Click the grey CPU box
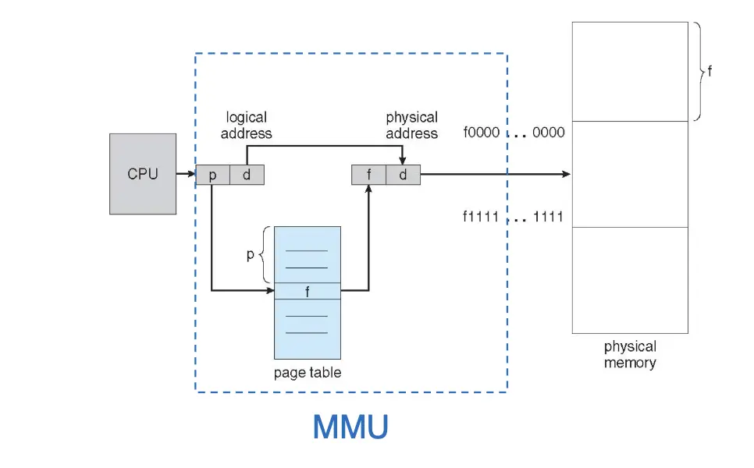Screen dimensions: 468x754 pyautogui.click(x=142, y=174)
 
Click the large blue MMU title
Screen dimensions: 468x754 pyautogui.click(x=350, y=427)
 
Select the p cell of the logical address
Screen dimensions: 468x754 pyautogui.click(x=212, y=175)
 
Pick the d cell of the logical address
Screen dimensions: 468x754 pyautogui.click(x=247, y=175)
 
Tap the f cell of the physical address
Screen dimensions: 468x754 pyautogui.click(x=368, y=175)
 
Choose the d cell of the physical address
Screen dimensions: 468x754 pyautogui.click(x=403, y=175)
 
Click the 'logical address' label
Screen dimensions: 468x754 pyautogui.click(x=247, y=125)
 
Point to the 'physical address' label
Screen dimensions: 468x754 pyautogui.click(x=411, y=125)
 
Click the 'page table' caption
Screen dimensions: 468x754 pyautogui.click(x=308, y=372)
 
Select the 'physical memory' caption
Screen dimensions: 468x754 pyautogui.click(x=630, y=355)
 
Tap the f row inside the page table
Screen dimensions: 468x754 pyautogui.click(x=308, y=291)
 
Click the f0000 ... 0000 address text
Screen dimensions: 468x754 pyautogui.click(x=514, y=133)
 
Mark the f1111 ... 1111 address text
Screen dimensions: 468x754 pyautogui.click(x=513, y=216)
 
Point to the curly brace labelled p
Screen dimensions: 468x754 pyautogui.click(x=266, y=254)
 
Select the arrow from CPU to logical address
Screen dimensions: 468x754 pyautogui.click(x=186, y=175)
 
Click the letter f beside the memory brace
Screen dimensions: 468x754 pyautogui.click(x=710, y=71)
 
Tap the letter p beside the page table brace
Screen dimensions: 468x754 pyautogui.click(x=251, y=254)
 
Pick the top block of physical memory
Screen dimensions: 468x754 pyautogui.click(x=630, y=71)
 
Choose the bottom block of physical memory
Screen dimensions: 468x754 pyautogui.click(x=630, y=280)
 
